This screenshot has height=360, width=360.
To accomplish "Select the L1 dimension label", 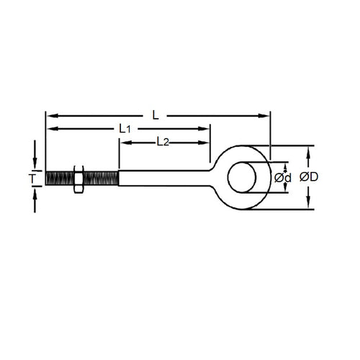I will [x=125, y=128].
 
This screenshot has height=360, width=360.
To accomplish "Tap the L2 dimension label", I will [x=162, y=142].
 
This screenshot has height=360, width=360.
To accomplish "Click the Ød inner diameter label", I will [x=283, y=177].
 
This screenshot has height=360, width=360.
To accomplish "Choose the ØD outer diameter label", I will [x=310, y=177].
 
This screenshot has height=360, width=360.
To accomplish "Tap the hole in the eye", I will [x=243, y=177].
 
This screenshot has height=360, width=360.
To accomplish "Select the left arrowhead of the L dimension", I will [x=50, y=113].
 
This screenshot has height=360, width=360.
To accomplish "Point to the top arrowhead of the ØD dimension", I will [x=310, y=150].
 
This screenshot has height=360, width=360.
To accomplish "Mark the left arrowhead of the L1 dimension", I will [x=50, y=128].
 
